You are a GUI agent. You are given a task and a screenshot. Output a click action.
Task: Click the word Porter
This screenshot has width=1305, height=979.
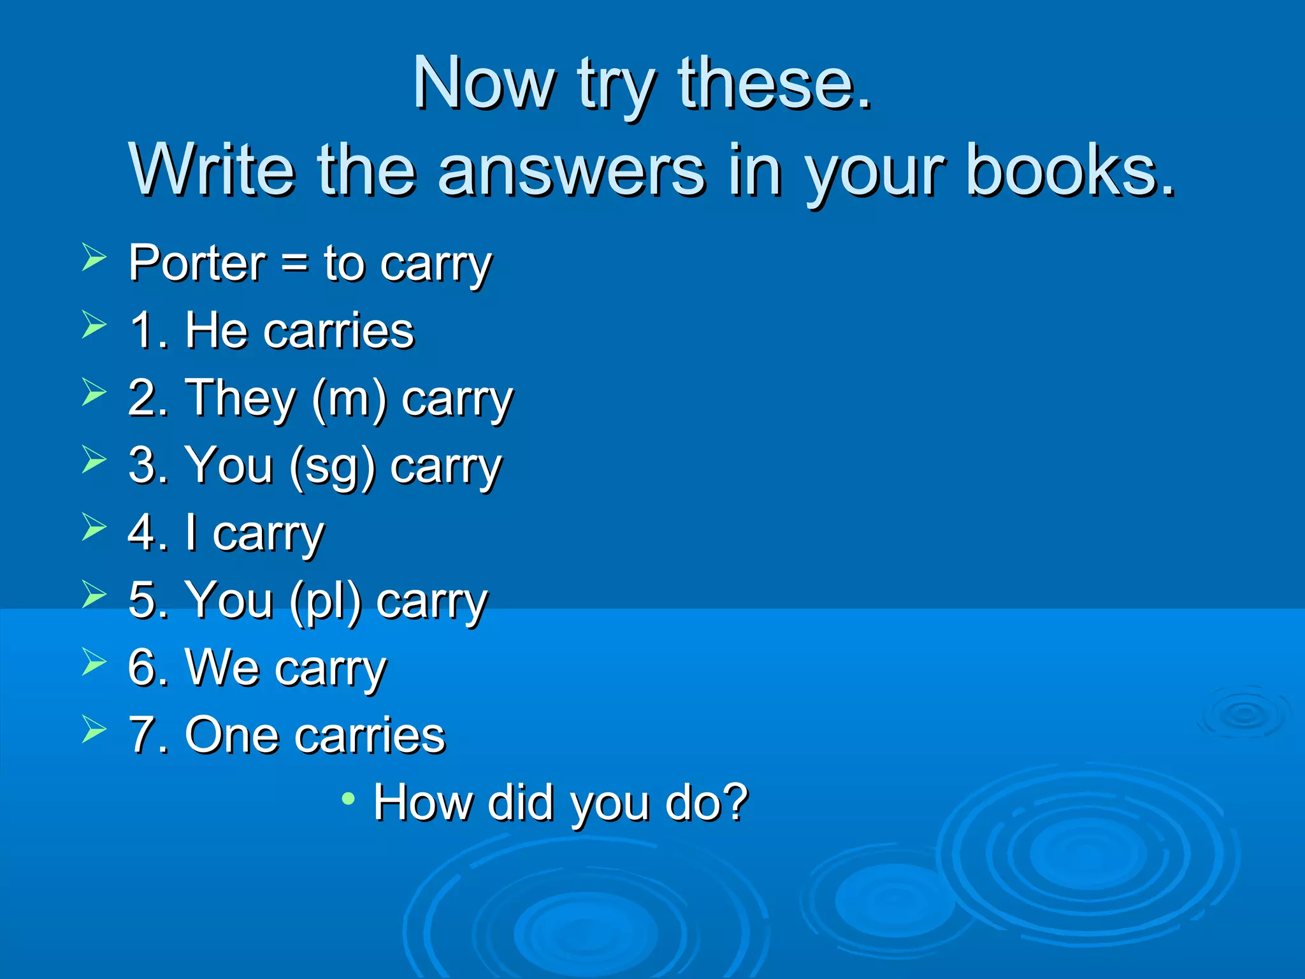pos(197,263)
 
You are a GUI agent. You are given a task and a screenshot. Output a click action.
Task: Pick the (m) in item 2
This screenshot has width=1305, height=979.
pos(349,399)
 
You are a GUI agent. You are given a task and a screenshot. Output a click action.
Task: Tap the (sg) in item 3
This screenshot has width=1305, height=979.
pos(331,467)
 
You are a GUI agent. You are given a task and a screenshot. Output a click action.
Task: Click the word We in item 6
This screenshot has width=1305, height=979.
pos(222,667)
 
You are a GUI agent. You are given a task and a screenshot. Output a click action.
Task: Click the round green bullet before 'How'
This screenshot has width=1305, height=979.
pos(348,798)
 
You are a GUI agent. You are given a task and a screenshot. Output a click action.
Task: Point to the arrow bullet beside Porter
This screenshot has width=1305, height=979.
pos(94,257)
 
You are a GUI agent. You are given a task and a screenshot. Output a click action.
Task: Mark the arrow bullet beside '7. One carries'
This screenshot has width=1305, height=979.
pos(94,729)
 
